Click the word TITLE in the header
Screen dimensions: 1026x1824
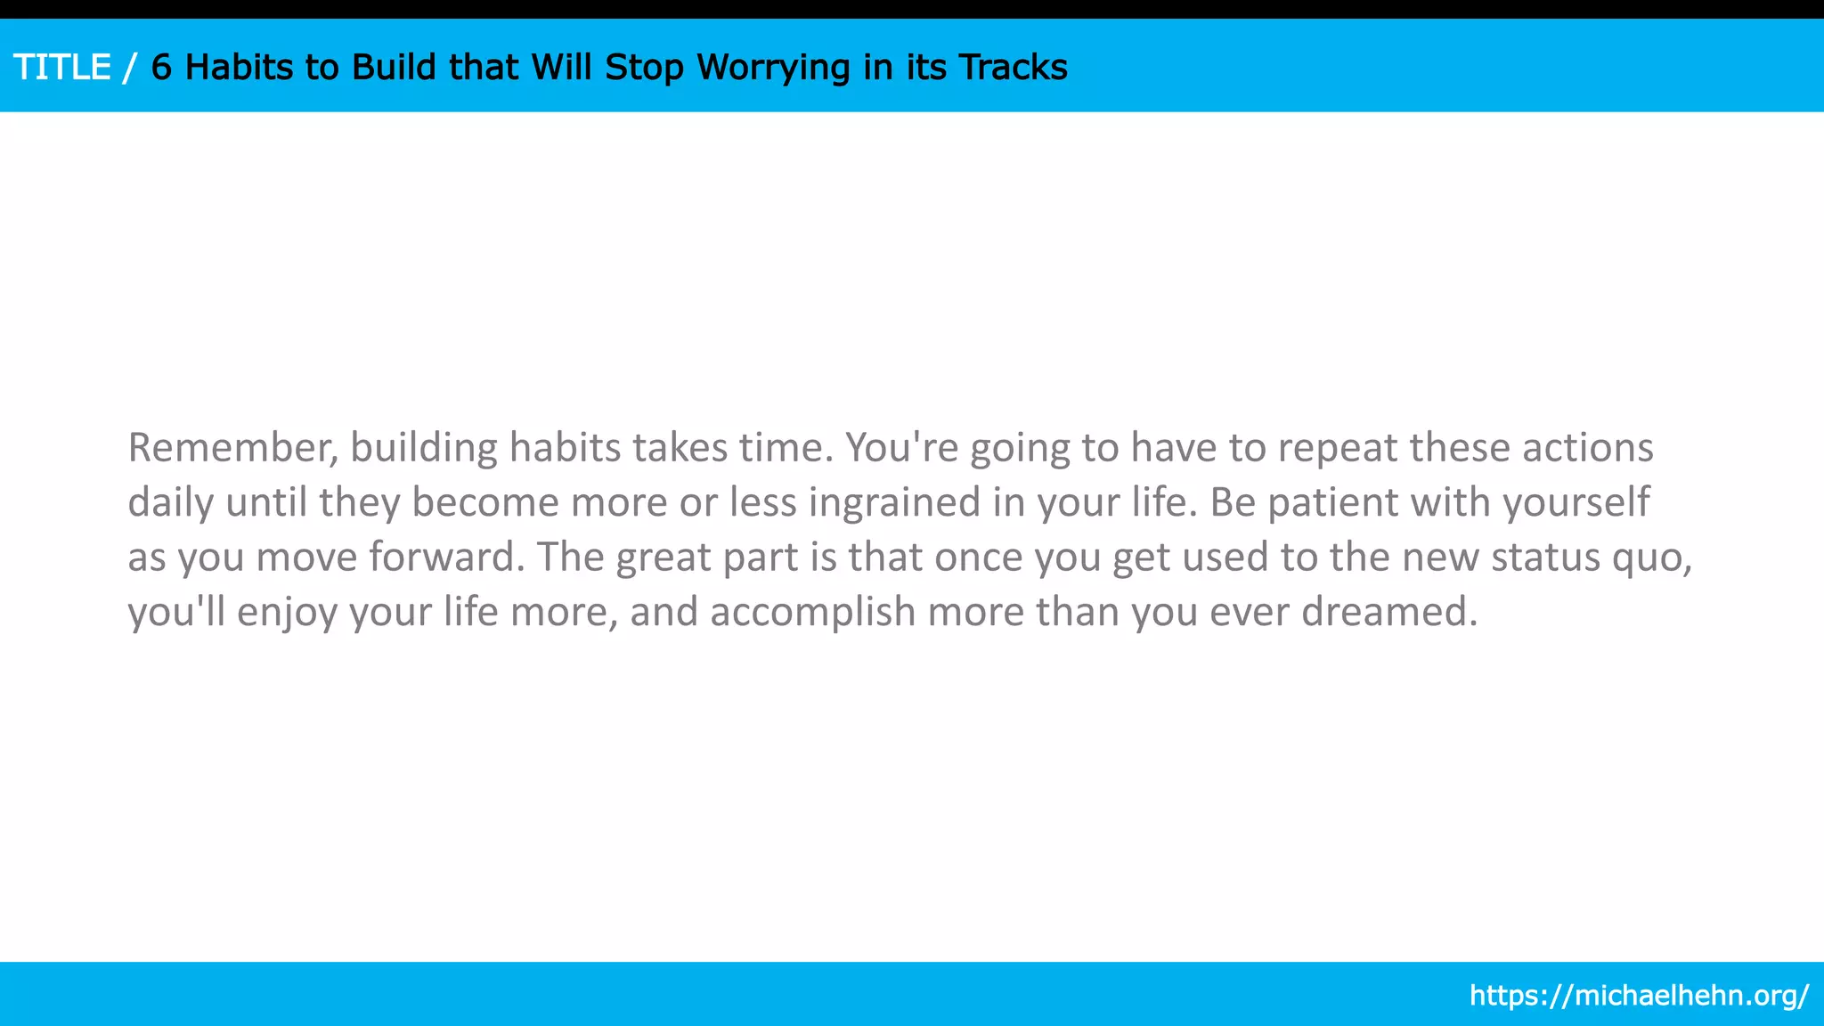(x=61, y=68)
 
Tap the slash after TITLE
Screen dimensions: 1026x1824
(x=131, y=68)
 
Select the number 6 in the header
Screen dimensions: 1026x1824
(x=161, y=68)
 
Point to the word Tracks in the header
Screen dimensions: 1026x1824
(x=1013, y=68)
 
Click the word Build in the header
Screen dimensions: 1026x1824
(x=394, y=68)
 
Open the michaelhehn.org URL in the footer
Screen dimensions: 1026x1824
(x=1639, y=995)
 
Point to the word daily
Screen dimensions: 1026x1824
(x=170, y=503)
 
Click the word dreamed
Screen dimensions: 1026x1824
(x=1388, y=613)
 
